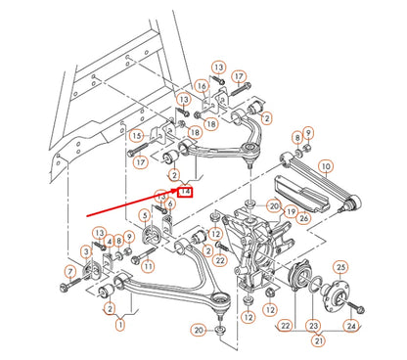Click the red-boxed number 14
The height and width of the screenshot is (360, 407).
[185, 192]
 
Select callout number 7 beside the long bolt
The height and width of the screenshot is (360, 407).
[70, 271]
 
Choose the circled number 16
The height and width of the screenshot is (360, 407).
[201, 86]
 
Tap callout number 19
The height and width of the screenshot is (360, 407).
[290, 212]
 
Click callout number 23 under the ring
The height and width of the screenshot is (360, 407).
[312, 326]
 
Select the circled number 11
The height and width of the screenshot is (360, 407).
[149, 265]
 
